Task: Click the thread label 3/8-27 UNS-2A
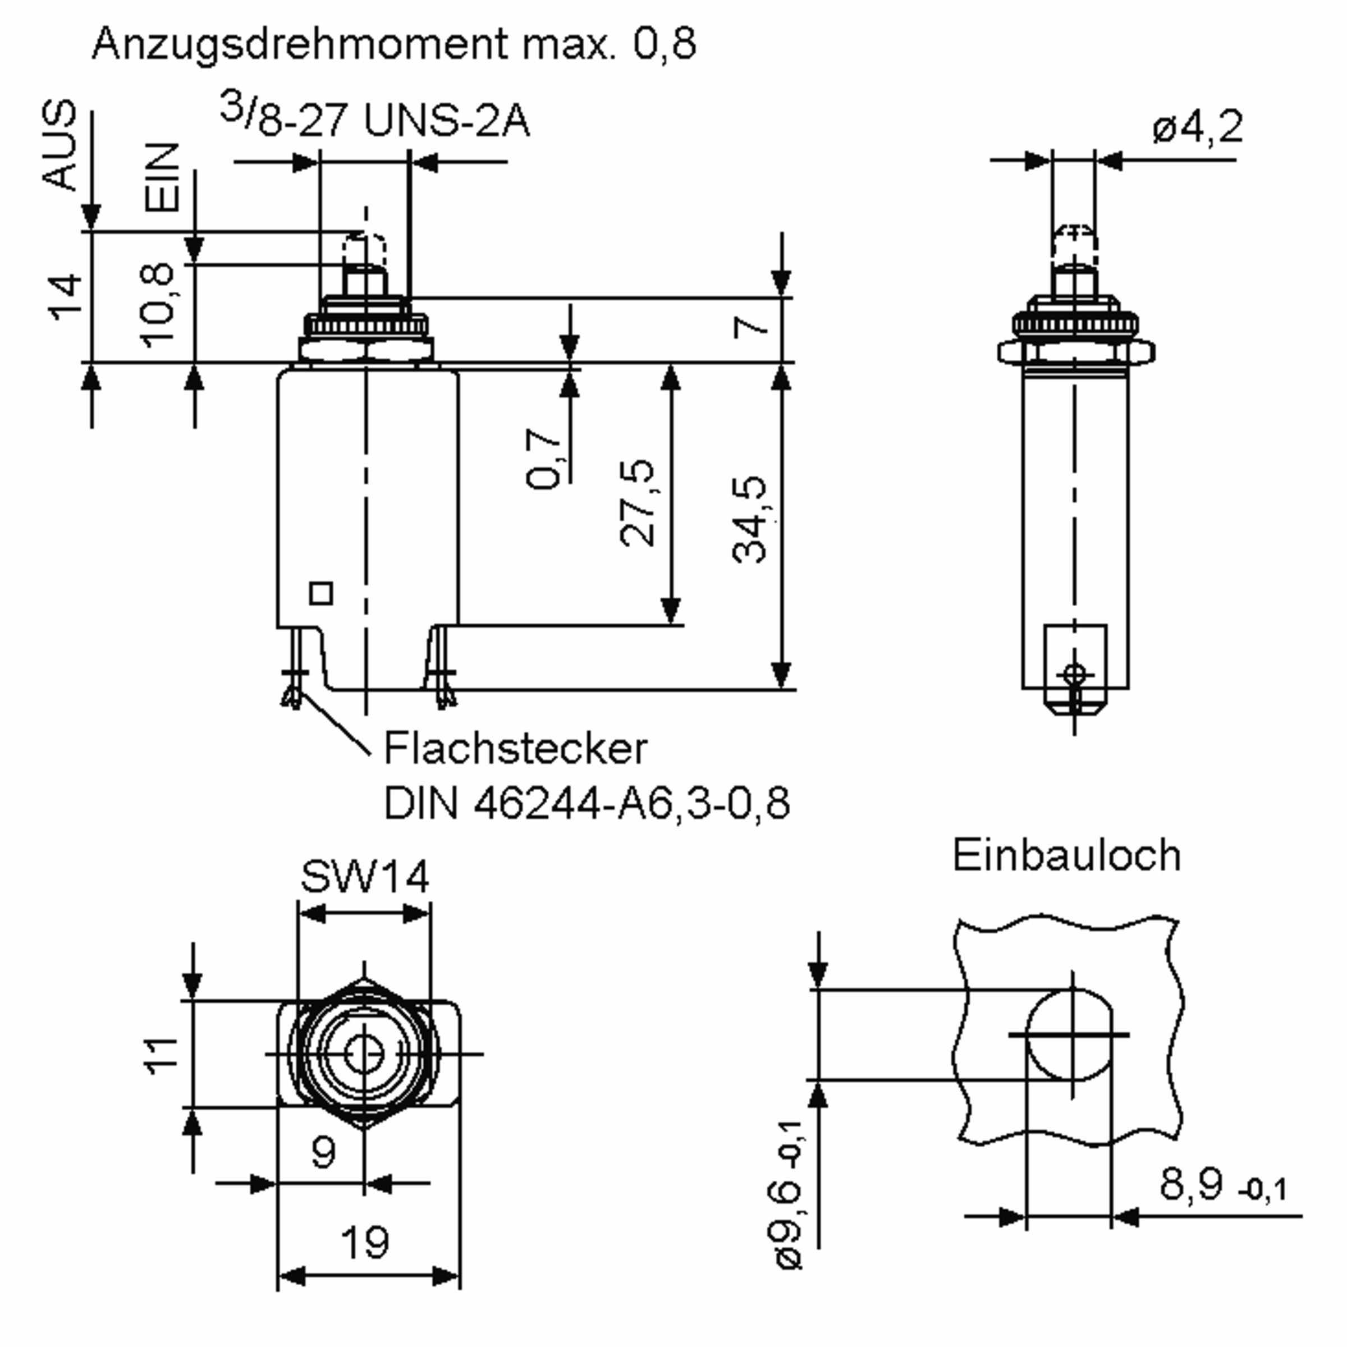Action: [x=374, y=119]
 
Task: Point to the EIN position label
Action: [x=162, y=177]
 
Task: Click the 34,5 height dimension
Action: [x=750, y=519]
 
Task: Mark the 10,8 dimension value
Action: [x=158, y=305]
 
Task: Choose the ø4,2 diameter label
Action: [x=1197, y=127]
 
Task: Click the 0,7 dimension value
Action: [x=543, y=458]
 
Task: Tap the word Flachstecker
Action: [x=515, y=749]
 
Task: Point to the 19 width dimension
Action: [x=365, y=1243]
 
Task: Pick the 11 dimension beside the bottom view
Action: [x=162, y=1056]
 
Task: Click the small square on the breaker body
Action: [x=320, y=593]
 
